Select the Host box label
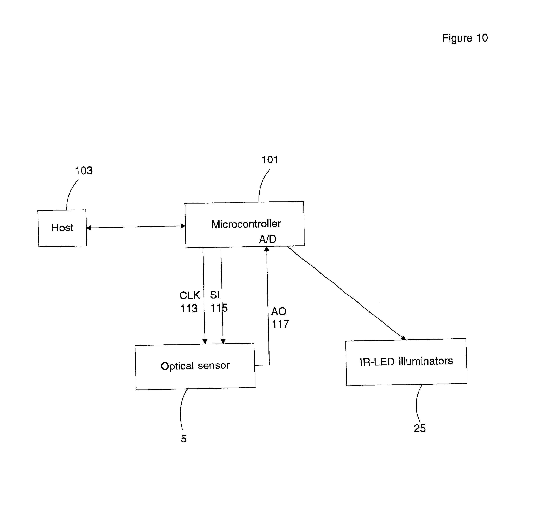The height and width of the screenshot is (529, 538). (62, 228)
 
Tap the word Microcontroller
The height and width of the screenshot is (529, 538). (246, 224)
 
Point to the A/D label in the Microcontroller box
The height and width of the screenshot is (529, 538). (267, 239)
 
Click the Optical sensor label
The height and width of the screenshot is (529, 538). (195, 366)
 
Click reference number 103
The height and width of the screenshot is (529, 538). (84, 171)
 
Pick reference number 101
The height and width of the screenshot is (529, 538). (270, 160)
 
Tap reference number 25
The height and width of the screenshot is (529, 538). (420, 428)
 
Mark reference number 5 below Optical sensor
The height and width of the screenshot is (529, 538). (184, 439)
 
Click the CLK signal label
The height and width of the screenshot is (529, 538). (190, 295)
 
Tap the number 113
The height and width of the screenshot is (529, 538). (189, 308)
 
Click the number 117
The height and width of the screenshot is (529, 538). (280, 324)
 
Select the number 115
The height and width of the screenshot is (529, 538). (219, 308)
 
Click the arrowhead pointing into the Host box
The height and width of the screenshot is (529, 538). (88, 228)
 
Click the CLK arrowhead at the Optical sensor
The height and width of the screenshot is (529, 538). (205, 341)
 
